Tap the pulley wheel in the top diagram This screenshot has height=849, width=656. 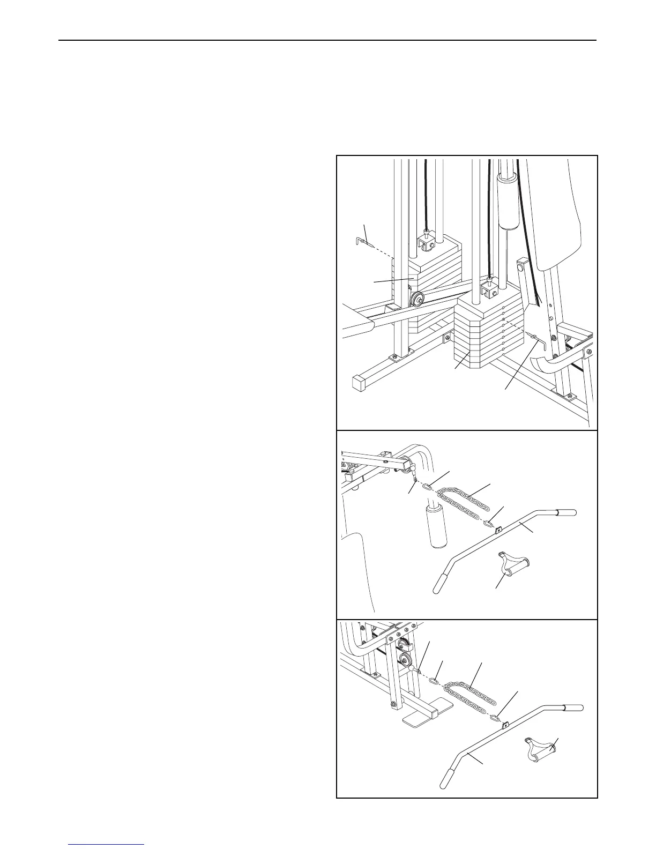pyautogui.click(x=417, y=299)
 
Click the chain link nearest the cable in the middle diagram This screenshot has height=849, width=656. pyautogui.click(x=428, y=487)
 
